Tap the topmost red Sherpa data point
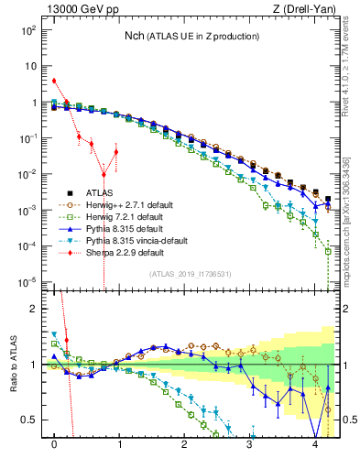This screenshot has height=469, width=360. [x=55, y=81]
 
